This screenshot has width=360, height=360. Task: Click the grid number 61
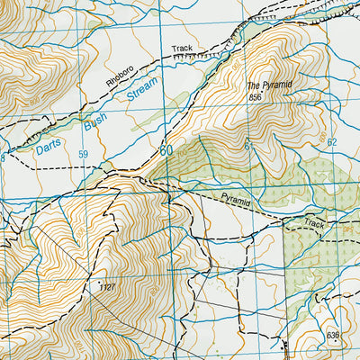point(248,144)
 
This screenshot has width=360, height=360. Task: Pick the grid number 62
point(331,142)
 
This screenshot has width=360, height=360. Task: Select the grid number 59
point(83,155)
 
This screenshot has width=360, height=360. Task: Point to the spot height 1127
point(110,287)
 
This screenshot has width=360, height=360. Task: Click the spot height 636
point(335,336)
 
